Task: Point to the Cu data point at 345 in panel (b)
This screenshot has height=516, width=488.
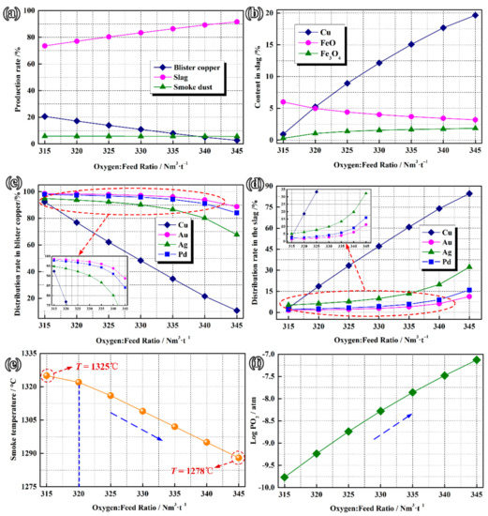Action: tap(476, 15)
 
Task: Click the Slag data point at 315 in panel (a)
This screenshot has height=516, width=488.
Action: tap(46, 46)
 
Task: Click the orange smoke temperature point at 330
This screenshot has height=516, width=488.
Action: tap(142, 411)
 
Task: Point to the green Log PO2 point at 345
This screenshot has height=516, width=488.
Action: tap(476, 360)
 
